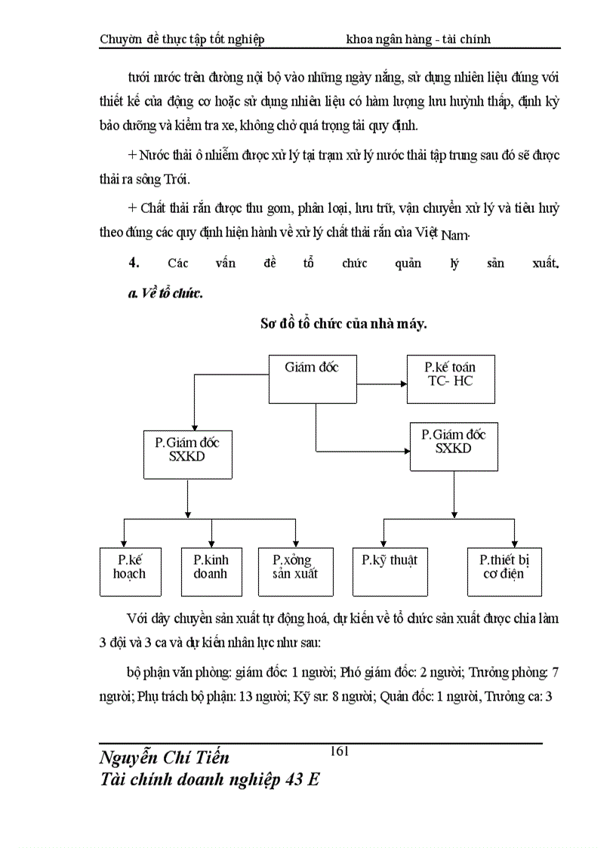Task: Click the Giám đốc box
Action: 313,378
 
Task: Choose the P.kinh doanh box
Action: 211,572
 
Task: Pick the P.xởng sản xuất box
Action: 295,572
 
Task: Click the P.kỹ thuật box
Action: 390,572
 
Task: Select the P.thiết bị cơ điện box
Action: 504,572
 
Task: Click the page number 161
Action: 339,751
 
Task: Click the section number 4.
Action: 134,263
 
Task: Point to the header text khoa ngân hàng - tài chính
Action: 418,39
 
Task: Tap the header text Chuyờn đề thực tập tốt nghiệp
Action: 182,39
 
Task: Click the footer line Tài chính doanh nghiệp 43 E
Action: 210,780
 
